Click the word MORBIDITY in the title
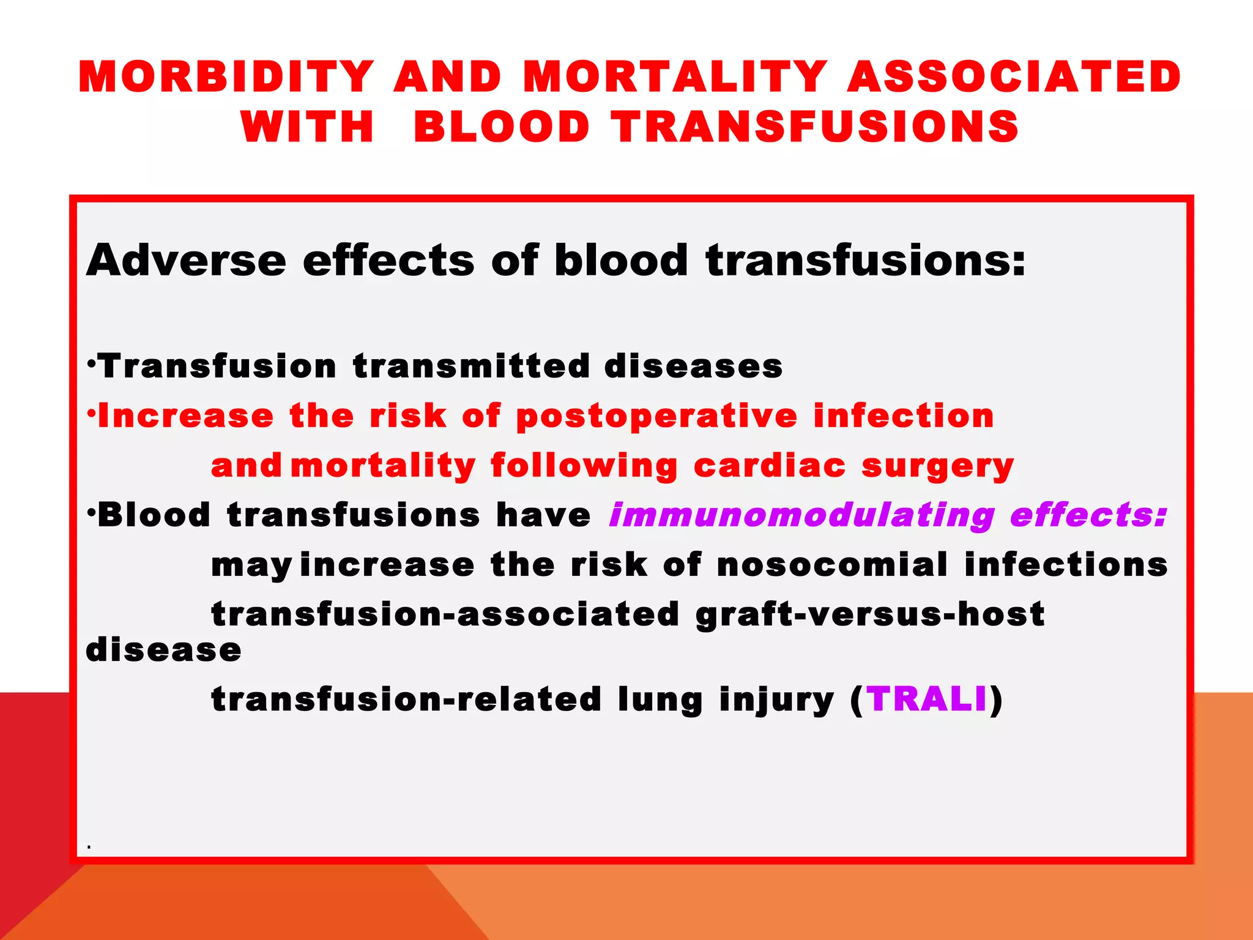point(226,77)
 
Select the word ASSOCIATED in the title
point(1014,77)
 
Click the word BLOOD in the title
point(502,127)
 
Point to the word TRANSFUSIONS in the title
point(816,127)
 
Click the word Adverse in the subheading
point(186,261)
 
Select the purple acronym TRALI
point(927,699)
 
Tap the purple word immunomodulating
point(801,515)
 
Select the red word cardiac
point(770,466)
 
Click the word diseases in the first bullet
point(693,367)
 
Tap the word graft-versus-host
point(870,614)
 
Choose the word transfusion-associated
point(445,614)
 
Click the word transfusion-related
point(406,699)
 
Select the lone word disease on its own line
point(163,650)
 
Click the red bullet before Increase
point(91,414)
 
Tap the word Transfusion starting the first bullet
point(217,367)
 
